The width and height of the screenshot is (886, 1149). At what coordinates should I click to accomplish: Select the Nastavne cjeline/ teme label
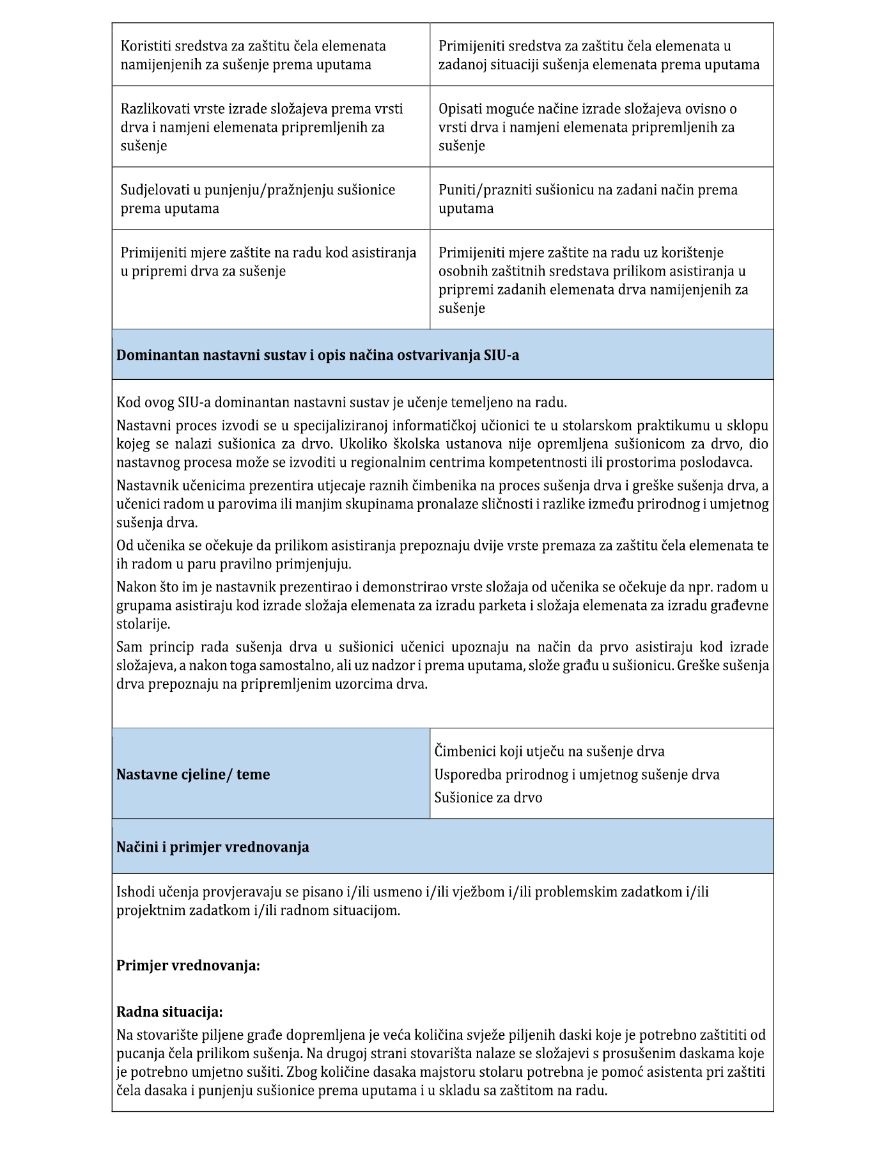pos(193,774)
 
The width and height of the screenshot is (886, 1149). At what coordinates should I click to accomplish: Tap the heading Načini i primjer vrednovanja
pos(212,847)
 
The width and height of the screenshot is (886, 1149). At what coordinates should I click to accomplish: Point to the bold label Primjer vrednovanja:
pos(188,965)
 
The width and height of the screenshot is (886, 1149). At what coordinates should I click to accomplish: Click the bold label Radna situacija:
pos(169,1012)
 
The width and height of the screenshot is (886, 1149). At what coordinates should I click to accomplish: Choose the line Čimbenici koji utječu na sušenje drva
pos(549,751)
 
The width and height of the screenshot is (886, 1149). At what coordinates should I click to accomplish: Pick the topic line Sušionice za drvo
pos(488,797)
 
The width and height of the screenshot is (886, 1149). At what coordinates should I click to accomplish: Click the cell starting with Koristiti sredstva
pos(253,55)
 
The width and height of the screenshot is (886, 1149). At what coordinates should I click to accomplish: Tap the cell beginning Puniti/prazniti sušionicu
pos(587,199)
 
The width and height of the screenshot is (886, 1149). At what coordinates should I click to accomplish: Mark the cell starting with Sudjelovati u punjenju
pos(258,199)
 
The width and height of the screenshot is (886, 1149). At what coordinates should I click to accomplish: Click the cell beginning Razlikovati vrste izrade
pos(261,127)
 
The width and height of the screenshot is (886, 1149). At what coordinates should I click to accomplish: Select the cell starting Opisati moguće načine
pos(587,127)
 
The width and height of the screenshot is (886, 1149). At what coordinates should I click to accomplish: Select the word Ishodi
pos(135,892)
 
